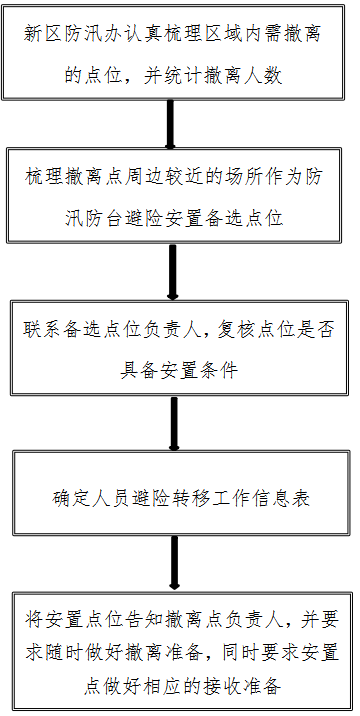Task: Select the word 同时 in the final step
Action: [223, 652]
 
